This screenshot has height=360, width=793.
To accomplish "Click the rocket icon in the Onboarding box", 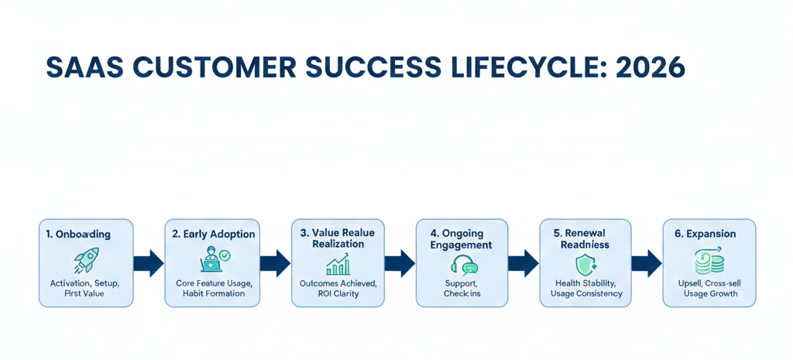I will click(85, 260).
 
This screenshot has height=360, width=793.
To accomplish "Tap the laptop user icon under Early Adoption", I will click(213, 260).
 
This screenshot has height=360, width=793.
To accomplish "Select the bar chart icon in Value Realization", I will click(338, 266).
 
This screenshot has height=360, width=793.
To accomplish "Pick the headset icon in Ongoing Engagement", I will click(463, 265).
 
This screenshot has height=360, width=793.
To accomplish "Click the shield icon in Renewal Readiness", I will click(586, 265).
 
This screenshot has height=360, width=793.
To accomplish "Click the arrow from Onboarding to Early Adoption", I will click(149, 263).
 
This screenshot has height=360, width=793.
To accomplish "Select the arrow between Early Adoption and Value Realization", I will click(275, 263).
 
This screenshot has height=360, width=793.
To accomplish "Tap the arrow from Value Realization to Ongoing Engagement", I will click(400, 263).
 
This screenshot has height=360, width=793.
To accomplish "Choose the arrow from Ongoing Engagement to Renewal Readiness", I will click(524, 263).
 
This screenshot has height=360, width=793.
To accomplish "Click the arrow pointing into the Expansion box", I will click(647, 263).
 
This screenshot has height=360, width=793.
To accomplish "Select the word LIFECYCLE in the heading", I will click(527, 68).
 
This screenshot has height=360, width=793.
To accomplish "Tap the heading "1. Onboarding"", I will click(78, 234).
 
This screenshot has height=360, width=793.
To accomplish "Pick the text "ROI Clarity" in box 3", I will click(338, 294).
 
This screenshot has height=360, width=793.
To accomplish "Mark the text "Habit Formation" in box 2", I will click(213, 294).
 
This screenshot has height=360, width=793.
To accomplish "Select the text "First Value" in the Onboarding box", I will click(86, 294).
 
